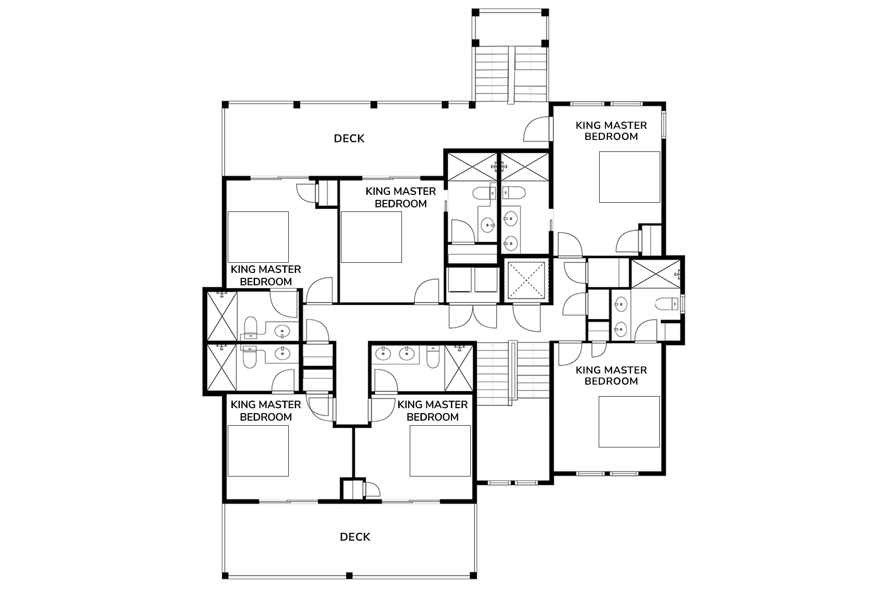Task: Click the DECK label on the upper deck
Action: (349, 139)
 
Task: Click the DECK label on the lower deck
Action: (355, 537)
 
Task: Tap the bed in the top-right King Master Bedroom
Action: (629, 177)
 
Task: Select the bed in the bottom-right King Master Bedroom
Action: (629, 422)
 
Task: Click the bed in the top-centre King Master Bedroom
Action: (371, 237)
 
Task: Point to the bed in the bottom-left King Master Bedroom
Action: (258, 451)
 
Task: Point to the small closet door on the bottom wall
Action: (372, 489)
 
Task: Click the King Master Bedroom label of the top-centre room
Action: (401, 197)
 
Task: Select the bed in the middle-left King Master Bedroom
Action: (258, 237)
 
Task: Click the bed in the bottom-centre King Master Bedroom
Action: (440, 451)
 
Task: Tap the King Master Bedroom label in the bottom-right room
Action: (611, 375)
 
